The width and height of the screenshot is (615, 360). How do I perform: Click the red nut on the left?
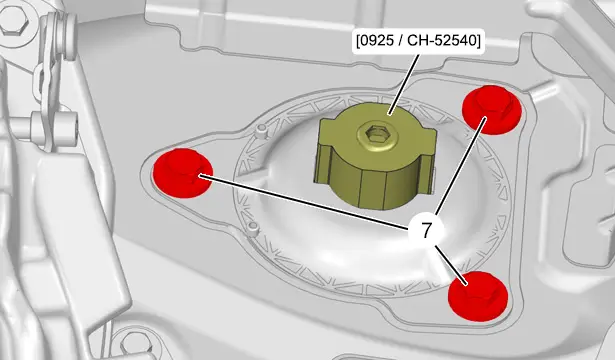point(183,173)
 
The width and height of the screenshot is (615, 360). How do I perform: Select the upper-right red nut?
point(491,110)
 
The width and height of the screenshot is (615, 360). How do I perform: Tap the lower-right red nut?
point(478,296)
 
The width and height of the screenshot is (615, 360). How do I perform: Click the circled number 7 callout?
point(426,231)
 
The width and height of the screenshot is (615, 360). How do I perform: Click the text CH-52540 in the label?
point(440,41)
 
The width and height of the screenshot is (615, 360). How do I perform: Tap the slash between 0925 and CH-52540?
point(400,41)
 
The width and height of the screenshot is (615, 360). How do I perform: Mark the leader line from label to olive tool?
point(403,85)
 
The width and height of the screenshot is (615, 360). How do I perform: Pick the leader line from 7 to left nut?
point(304,201)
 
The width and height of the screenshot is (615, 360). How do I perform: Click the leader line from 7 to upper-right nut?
point(461,166)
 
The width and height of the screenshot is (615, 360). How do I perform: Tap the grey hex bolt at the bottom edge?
point(135,344)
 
